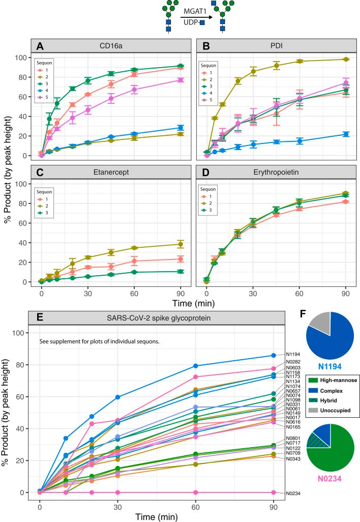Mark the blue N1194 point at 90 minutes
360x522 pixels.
point(274,355)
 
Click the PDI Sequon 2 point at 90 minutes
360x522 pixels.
point(346,60)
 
